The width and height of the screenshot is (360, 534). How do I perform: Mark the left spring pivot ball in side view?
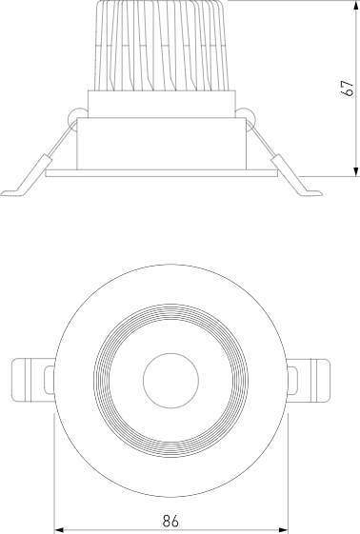tap(74, 116)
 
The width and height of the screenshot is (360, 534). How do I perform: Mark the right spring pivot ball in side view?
tap(248, 116)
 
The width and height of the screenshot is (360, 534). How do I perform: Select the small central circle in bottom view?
tap(170, 380)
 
